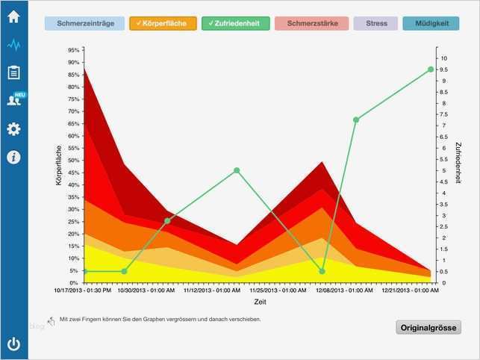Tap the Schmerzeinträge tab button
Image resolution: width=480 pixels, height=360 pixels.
pos(85,24)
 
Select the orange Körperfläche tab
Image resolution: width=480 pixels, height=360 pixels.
pos(163,24)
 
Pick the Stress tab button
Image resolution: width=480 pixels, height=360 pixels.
pos(377,24)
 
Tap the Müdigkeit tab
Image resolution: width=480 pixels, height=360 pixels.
pos(431,24)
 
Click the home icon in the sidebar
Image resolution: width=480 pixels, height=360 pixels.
pos(13,16)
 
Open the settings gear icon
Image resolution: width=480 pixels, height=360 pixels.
pos(13,129)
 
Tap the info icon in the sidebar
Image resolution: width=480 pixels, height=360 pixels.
pos(13,157)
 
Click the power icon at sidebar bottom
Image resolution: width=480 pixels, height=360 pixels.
pos(13,344)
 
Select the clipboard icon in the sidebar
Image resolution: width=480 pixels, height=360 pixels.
pos(13,72)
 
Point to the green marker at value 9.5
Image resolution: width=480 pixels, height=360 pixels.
pos(431,69)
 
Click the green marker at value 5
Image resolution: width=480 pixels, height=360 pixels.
pos(237,170)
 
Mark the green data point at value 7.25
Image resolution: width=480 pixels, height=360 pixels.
pos(356,120)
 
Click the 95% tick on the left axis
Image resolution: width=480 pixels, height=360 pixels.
pos(73,50)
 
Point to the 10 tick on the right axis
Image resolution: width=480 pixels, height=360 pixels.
pos(444,58)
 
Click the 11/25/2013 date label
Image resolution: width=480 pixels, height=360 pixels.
pos(278,291)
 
